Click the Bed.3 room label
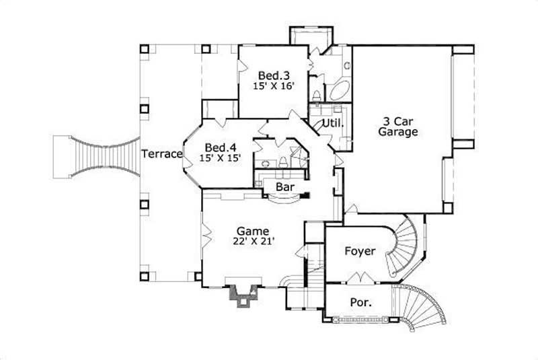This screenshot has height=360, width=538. click(272, 75)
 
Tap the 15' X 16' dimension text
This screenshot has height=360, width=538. click(272, 86)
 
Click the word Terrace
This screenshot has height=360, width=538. click(162, 154)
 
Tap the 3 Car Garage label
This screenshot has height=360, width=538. click(397, 127)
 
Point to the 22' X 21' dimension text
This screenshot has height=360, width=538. click(256, 240)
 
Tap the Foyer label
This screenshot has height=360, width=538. click(360, 252)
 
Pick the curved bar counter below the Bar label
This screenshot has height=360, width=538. click(280, 199)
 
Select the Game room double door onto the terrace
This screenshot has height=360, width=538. click(206, 236)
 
